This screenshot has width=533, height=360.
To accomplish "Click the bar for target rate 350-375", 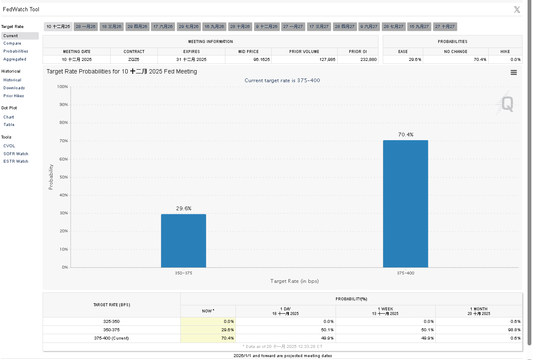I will point(183,241).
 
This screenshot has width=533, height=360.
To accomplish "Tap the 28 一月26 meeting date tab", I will point(86,27).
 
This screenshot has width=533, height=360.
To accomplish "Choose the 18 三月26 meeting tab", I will point(111,27).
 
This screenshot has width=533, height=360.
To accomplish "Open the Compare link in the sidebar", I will point(12,43).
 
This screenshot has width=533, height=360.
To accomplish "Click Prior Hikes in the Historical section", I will point(14,96).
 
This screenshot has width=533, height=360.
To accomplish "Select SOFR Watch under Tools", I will point(16,154).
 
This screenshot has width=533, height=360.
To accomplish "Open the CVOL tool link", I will point(9,146).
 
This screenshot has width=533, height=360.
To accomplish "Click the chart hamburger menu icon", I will point(513,73).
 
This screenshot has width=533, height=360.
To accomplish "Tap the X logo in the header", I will point(517,10).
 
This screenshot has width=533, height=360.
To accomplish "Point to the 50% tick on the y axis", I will point(63,177).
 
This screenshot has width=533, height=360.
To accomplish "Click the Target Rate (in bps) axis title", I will point(294,281).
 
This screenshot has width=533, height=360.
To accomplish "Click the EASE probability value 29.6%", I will point(415,60).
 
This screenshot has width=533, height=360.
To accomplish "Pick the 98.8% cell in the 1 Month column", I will point(515,330).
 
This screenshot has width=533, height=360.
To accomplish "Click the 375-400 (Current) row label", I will point(111,338).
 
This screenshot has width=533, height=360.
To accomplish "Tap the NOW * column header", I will point(208,311).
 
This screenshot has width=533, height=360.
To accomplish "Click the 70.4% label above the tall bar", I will point(405,135).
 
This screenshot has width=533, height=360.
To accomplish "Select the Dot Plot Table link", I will point(9,125).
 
